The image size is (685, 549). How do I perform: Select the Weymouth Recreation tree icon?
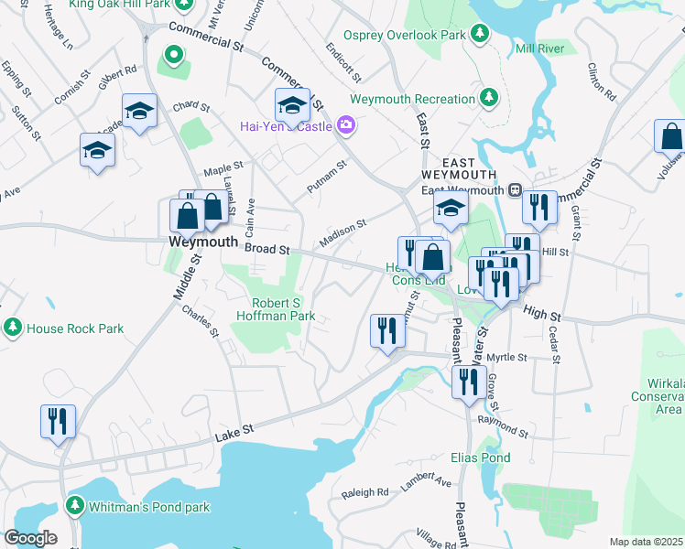coord(490,96)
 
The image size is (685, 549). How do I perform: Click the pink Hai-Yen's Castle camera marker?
coord(345,124)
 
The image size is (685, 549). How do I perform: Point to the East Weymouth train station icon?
coord(515,190)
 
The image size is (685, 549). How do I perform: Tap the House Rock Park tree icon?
coord(13,328)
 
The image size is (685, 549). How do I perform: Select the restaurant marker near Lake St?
coord(57,422)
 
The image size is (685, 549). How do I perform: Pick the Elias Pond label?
coord(480,457)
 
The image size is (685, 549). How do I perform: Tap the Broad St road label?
coord(267,249)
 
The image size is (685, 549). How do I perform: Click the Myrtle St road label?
coord(508,357)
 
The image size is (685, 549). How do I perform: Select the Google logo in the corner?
coord(30,537)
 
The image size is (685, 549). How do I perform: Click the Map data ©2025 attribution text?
coord(646,542)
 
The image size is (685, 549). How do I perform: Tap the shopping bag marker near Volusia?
coord(670,136)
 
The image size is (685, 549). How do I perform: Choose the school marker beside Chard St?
coord(139,112)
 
